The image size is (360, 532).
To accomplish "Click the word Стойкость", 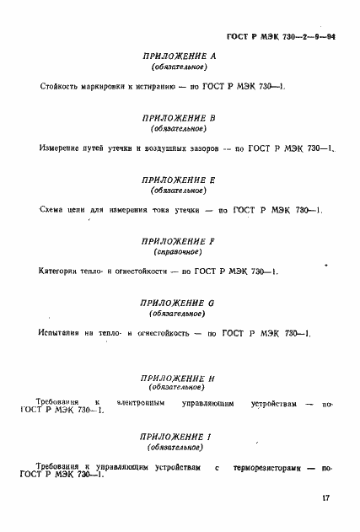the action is coord(59,87).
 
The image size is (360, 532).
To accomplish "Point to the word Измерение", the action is coord(60,148).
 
